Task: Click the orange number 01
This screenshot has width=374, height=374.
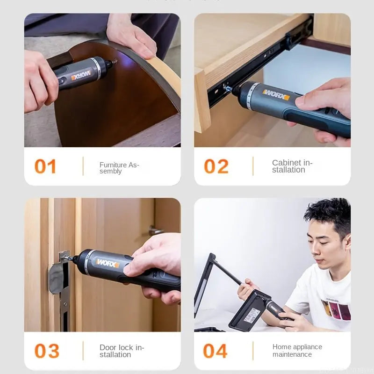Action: point(45,166)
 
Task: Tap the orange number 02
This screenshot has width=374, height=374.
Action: point(216,166)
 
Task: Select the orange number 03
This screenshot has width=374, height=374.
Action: point(47,351)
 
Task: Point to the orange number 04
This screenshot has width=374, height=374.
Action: point(215,351)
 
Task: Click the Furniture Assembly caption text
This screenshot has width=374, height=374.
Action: point(119,168)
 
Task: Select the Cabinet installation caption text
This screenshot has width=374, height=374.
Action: point(292,166)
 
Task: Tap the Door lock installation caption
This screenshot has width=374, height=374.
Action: point(122,351)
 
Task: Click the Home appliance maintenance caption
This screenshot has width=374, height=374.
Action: point(297,351)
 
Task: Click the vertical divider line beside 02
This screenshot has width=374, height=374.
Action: point(253,166)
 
